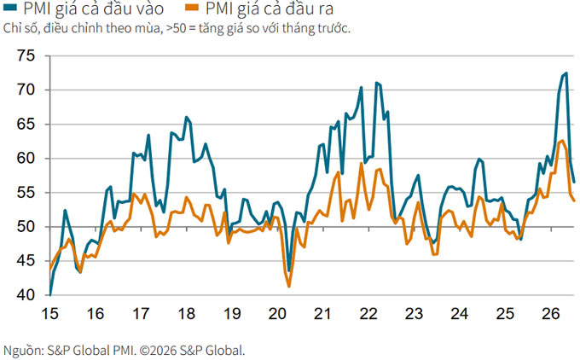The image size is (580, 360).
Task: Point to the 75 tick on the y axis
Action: [x=26, y=55]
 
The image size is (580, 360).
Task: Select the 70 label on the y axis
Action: [x=26, y=90]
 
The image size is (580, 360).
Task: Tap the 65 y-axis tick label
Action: [x=26, y=125]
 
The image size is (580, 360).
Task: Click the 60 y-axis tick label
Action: [x=26, y=159]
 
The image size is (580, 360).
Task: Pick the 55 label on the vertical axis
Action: [x=26, y=193]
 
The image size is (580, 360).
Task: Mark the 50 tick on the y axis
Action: [x=26, y=227]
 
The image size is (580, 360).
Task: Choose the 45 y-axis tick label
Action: [x=26, y=261]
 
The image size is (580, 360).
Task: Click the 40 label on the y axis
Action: [x=26, y=295]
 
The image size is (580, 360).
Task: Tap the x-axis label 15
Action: [x=49, y=314]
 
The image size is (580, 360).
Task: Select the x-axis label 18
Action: [x=187, y=314]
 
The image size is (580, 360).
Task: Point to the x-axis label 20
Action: [x=277, y=314]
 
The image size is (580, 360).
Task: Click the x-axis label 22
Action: [x=368, y=314]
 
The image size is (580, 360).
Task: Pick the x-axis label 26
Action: [x=551, y=314]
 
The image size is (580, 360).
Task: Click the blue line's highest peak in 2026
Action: [x=566, y=73]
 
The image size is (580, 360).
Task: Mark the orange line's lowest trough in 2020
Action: [x=289, y=287]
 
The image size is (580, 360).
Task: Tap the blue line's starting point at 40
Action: [x=49, y=295]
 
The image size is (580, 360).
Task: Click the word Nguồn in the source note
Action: [x=22, y=350]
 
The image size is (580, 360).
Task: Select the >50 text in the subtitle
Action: [x=176, y=28]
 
